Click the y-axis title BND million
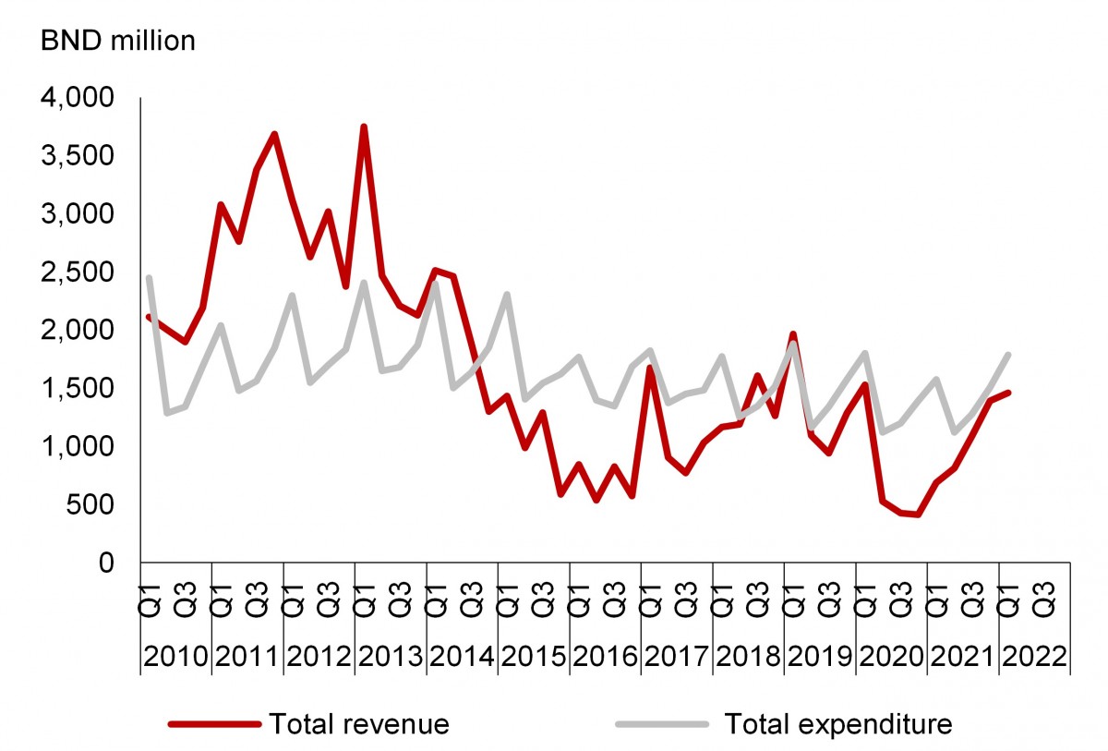tap(116, 42)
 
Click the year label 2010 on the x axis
tap(176, 657)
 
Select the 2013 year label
tap(391, 657)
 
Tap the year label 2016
tap(606, 657)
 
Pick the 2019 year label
tap(821, 657)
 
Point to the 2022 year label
tap(1035, 657)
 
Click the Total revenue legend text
tap(358, 723)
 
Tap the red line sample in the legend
tap(215, 723)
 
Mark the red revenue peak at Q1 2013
tap(364, 127)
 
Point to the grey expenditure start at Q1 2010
tap(149, 278)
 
